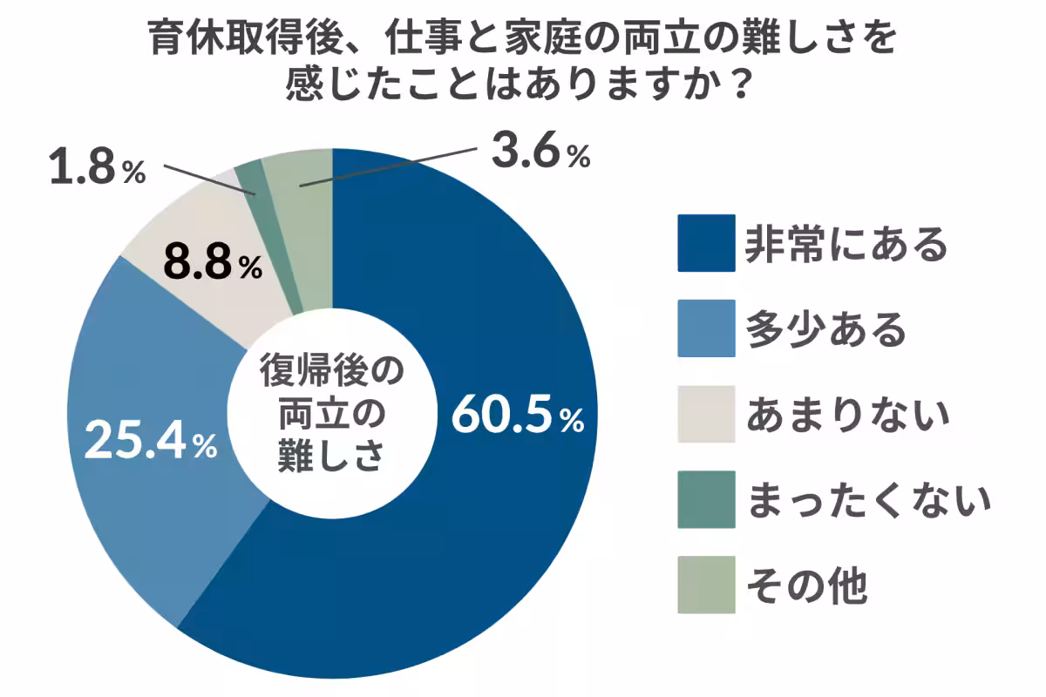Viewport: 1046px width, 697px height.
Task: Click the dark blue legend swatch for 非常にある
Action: pos(706,244)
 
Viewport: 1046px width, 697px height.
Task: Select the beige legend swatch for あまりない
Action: pos(706,415)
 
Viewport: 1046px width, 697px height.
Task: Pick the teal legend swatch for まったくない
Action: pos(706,500)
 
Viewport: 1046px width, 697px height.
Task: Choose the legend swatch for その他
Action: pos(706,585)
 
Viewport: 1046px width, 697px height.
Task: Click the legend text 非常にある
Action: pos(846,244)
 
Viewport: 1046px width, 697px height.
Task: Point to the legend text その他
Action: pos(806,585)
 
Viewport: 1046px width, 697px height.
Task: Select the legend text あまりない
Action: pos(846,415)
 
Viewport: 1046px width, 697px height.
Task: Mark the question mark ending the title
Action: pos(738,84)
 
